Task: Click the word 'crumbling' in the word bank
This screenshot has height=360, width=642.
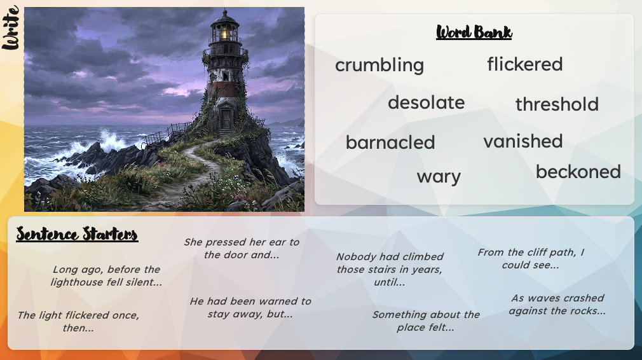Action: (x=379, y=65)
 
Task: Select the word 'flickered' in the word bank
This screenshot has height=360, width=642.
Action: (x=525, y=64)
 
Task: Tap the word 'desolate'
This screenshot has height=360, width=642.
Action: (x=427, y=102)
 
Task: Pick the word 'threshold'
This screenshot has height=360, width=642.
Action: (x=557, y=104)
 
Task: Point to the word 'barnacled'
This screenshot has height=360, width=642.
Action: (x=390, y=142)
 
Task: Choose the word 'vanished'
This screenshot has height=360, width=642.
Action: (x=523, y=141)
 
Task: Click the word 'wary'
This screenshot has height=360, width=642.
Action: (x=439, y=177)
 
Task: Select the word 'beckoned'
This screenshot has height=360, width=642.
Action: (x=578, y=172)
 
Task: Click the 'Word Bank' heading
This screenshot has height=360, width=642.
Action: (x=474, y=32)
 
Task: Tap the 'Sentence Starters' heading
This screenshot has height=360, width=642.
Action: (x=77, y=234)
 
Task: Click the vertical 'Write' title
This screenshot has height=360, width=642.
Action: (x=11, y=27)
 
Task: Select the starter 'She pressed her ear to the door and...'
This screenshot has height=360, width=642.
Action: (x=242, y=248)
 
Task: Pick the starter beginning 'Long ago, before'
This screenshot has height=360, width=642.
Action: (x=106, y=275)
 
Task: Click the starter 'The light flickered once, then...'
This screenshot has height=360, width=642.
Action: (x=78, y=321)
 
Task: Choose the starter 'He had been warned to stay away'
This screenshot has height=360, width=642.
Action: (x=250, y=308)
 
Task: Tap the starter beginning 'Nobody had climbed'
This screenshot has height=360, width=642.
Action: (x=390, y=269)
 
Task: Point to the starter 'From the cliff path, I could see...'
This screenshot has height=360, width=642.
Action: (x=531, y=258)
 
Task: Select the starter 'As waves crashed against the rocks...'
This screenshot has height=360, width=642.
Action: (x=557, y=304)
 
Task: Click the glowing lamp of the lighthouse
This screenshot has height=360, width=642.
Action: (x=225, y=33)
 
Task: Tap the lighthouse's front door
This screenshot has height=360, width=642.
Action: (x=226, y=118)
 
